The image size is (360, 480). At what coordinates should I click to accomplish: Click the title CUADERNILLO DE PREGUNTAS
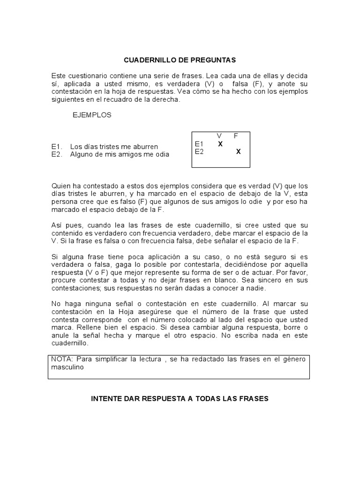coord(180,60)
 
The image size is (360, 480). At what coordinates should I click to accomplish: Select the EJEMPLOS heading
coord(92,115)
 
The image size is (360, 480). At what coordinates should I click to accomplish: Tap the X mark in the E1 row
coord(220,144)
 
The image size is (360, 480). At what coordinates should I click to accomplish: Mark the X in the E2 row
coord(238,151)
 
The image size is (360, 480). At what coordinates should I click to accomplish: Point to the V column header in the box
coord(219,136)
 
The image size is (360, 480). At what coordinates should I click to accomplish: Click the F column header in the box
coord(236,136)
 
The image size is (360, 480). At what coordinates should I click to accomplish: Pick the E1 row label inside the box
coord(199,144)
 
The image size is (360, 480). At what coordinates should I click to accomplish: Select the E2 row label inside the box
coord(199,151)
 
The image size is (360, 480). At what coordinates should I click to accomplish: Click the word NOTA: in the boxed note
coord(60,359)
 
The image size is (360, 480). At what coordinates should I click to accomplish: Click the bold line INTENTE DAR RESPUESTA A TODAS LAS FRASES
coord(180,399)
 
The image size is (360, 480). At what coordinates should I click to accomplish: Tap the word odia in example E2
coord(163,154)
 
